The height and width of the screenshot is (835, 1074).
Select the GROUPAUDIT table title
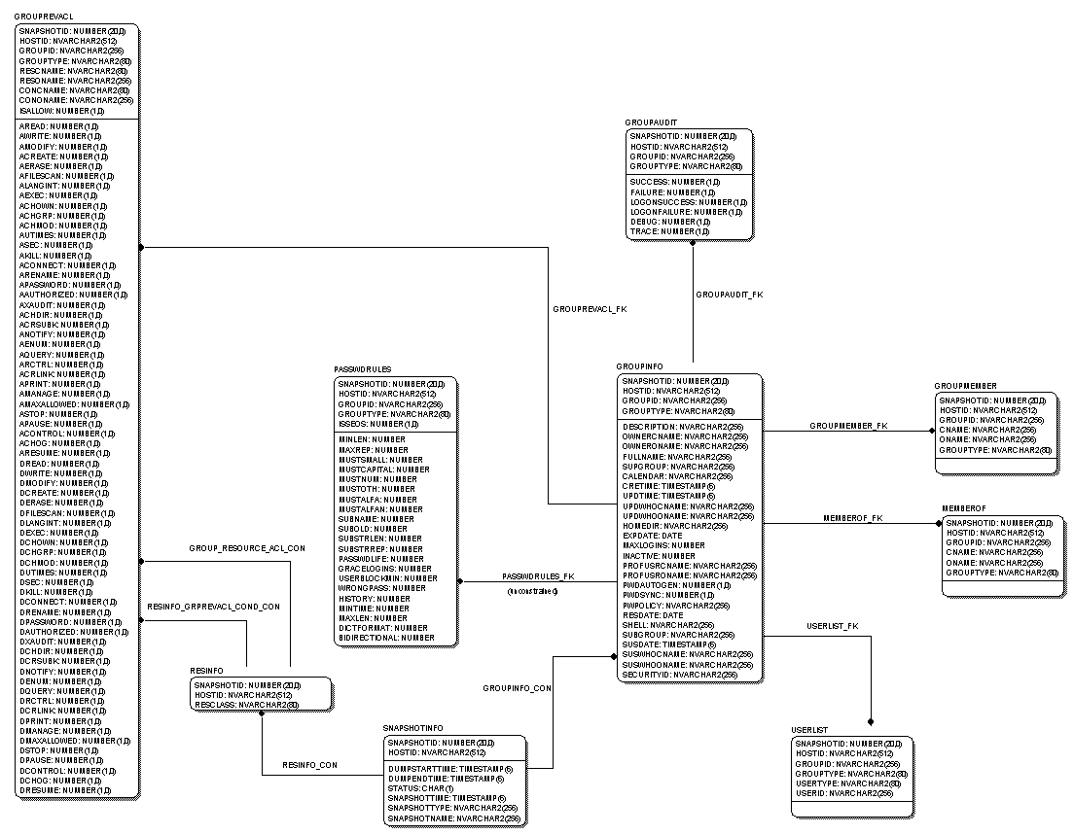click(644, 122)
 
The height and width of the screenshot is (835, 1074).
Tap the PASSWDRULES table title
click(362, 370)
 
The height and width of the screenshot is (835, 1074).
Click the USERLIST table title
click(810, 729)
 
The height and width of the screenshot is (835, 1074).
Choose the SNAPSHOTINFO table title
click(413, 727)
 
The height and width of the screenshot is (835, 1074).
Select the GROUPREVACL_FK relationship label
click(590, 309)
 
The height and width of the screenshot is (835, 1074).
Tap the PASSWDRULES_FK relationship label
click(538, 576)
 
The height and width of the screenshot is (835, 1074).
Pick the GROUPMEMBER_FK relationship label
click(848, 426)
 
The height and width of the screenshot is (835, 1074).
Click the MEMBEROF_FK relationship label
click(853, 518)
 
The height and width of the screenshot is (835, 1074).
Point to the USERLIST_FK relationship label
click(833, 626)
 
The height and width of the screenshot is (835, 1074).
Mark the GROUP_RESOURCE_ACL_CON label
click(247, 548)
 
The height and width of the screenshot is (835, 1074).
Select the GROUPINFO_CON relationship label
click(518, 688)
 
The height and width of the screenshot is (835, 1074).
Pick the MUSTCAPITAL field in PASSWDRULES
click(384, 470)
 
